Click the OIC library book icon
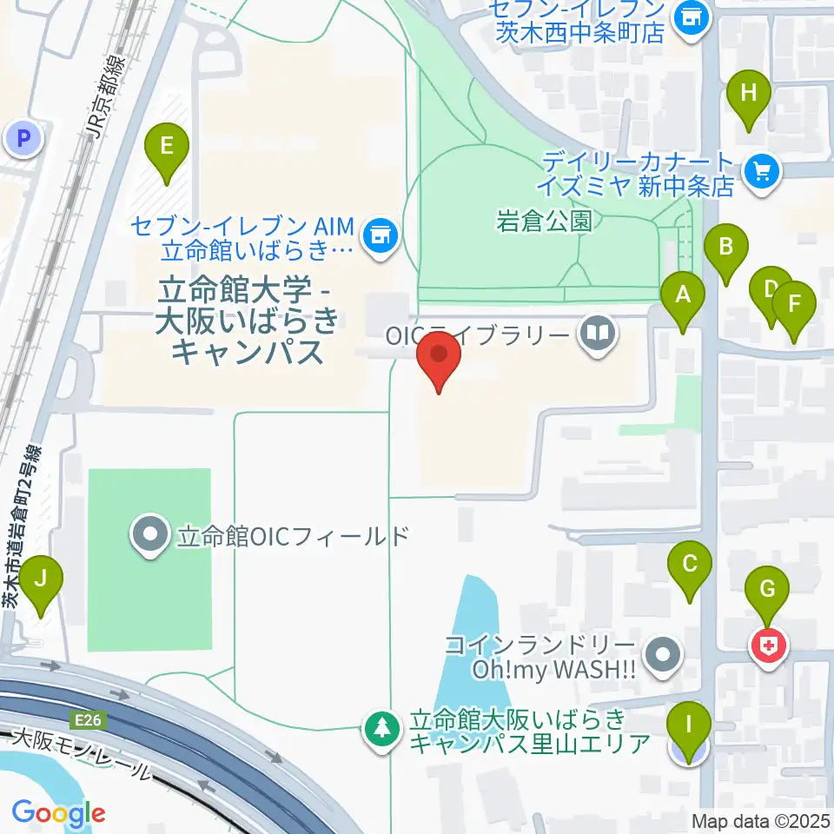(597, 333)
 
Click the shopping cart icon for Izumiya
(762, 171)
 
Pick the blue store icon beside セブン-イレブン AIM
(379, 233)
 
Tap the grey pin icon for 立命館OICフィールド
(150, 534)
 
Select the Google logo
(58, 814)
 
